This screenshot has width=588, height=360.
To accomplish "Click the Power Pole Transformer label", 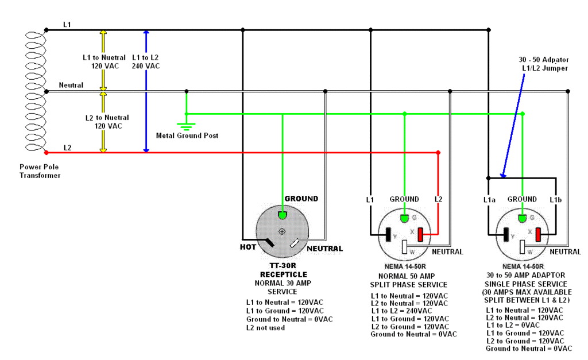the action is coord(40,171).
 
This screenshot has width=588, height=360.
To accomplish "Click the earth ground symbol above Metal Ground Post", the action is coord(187,126).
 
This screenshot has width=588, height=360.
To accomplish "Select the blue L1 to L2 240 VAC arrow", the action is coord(146,91).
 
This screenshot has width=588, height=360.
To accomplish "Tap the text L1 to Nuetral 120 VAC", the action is coord(105,61).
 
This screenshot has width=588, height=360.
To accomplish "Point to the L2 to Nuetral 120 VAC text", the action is coord(107,122).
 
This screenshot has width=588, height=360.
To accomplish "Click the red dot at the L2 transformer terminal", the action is coord(46,153).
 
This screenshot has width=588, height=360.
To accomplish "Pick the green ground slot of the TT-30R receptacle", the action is coord(283,215).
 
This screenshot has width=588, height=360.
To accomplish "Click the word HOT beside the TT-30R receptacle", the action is coord(248,247).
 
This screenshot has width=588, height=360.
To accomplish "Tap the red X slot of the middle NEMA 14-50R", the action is coord(421,235).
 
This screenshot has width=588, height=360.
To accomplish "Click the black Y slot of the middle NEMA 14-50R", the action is coord(389,235).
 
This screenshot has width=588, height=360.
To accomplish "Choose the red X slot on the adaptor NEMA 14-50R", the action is coord(539,235).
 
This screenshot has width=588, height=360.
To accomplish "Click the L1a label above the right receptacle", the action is coord(489,200).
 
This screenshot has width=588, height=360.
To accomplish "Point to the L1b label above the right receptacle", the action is coord(556,200).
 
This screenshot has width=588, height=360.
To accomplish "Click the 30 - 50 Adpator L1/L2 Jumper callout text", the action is coord(544,64).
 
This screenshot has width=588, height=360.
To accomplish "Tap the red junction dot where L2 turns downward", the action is coord(438,153).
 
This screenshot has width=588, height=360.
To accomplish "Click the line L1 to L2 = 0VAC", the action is coord(513,325).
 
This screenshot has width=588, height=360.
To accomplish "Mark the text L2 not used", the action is coord(265,328).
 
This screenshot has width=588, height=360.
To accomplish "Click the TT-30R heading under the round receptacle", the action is coord(283,265).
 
